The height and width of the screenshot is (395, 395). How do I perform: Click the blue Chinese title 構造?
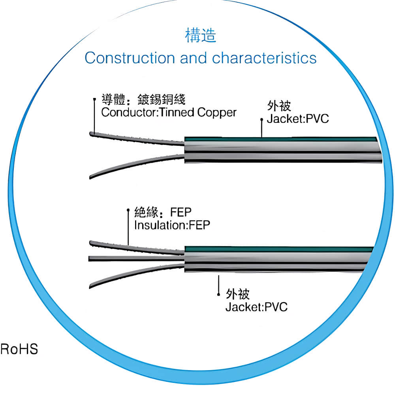click(x=201, y=35)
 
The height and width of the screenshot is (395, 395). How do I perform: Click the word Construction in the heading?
click(x=130, y=58)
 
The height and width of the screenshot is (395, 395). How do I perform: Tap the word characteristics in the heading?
click(x=264, y=58)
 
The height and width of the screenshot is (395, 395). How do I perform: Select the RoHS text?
click(x=19, y=349)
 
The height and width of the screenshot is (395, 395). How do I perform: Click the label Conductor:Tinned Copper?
click(x=169, y=113)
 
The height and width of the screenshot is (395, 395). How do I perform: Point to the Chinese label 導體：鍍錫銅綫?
click(x=143, y=99)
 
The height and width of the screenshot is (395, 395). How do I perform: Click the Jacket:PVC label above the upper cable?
click(x=298, y=118)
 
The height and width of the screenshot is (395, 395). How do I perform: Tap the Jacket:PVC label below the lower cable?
click(x=256, y=307)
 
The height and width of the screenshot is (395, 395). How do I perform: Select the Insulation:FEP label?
click(x=172, y=225)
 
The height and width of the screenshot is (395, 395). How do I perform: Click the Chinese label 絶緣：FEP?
click(x=163, y=212)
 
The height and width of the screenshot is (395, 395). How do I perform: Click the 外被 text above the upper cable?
click(x=279, y=106)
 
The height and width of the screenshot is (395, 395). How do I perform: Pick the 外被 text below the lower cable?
click(x=237, y=294)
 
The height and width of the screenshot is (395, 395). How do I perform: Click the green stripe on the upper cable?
click(x=281, y=139)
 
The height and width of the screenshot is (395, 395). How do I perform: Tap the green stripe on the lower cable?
click(x=279, y=249)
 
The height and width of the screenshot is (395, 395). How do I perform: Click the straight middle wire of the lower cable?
click(x=136, y=258)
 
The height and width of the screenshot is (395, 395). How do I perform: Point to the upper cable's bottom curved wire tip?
click(x=90, y=177)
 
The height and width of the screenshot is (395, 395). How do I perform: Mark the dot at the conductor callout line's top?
click(x=94, y=99)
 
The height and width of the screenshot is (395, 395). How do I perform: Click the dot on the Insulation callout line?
click(x=128, y=210)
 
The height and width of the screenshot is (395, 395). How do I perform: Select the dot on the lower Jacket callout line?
click(x=218, y=294)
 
